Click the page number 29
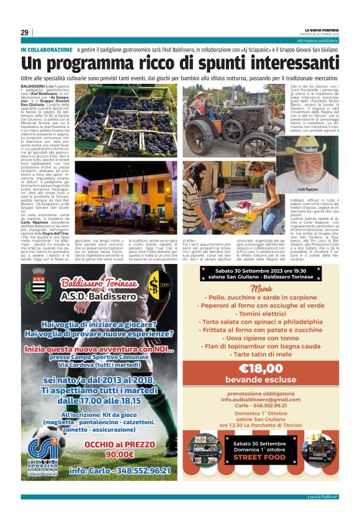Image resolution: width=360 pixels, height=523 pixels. [24, 32]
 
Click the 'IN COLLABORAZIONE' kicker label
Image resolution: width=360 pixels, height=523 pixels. [47, 49]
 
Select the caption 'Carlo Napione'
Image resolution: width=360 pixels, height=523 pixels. [324, 188]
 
